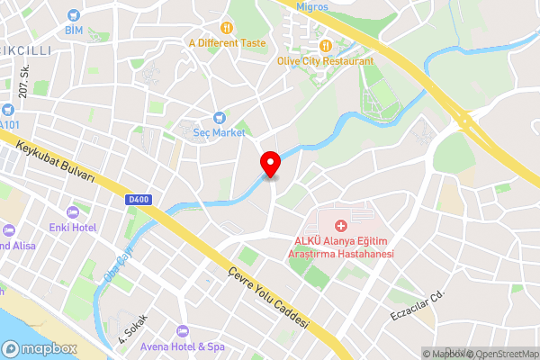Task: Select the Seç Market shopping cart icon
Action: coord(219,117)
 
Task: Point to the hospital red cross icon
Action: coord(341,224)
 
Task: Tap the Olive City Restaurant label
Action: coord(326,61)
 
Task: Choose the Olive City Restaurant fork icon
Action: coord(326,46)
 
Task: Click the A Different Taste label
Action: coord(227,41)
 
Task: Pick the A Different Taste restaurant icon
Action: coord(227,26)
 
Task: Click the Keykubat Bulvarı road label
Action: coord(55,159)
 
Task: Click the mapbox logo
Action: coord(39,348)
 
